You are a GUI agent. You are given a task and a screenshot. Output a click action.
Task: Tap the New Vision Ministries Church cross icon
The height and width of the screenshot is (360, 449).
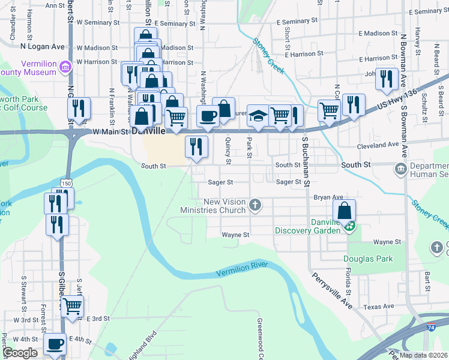click(255, 206)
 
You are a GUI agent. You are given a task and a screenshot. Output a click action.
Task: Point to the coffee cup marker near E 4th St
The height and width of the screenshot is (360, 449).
click(55, 344)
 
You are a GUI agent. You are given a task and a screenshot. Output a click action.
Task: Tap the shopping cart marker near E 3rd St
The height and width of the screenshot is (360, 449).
click(73, 306)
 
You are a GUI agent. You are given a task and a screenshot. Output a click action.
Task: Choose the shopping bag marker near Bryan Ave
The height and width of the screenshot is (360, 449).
click(345, 211)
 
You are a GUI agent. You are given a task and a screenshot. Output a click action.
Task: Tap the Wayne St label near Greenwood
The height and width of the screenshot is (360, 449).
click(235, 235)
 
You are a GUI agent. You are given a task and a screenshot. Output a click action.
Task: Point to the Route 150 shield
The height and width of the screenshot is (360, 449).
click(65, 182)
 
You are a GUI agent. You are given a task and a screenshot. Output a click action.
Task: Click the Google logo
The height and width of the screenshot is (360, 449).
click(20, 353)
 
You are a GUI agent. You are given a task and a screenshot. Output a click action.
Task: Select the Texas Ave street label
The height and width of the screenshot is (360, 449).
click(379, 307)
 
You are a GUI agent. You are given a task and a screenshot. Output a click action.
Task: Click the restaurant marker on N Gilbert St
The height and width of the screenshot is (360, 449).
click(79, 109)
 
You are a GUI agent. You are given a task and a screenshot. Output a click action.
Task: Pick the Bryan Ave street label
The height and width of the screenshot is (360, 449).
click(328, 197)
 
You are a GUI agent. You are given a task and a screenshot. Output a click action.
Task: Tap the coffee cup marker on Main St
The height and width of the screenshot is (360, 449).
click(208, 116)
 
